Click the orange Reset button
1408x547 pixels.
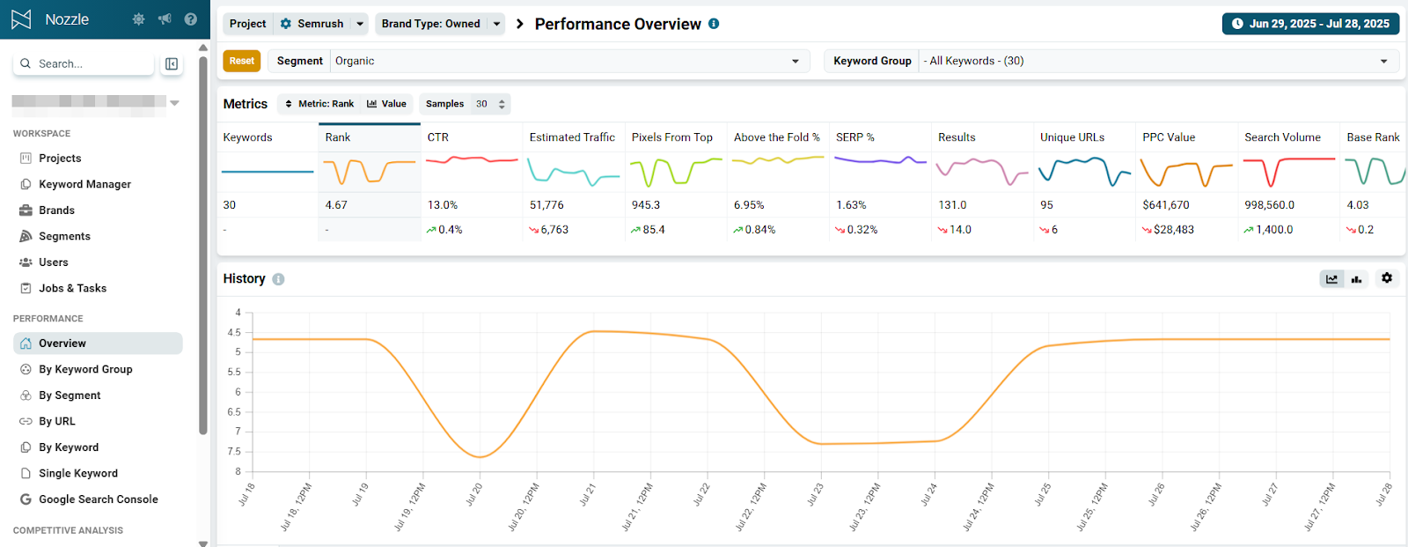point(241,61)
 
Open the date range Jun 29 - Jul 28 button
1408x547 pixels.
point(1310,24)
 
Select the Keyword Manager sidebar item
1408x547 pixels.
point(84,184)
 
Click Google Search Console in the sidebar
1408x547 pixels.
point(98,499)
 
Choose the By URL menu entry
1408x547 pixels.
point(57,421)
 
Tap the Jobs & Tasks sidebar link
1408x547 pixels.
point(72,288)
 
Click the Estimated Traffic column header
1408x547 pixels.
point(572,137)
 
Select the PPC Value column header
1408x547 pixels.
point(1169,137)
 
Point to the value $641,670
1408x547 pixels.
point(1166,205)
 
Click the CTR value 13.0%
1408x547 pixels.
point(443,205)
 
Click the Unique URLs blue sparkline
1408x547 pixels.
point(1083,172)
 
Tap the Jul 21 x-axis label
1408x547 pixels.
point(588,494)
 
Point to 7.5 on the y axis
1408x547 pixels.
point(234,452)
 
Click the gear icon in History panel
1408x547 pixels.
point(1387,278)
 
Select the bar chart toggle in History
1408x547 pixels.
point(1357,279)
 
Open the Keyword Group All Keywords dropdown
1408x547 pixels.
point(1155,61)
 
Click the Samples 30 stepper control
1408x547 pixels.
point(502,104)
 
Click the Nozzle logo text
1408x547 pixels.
point(67,19)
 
